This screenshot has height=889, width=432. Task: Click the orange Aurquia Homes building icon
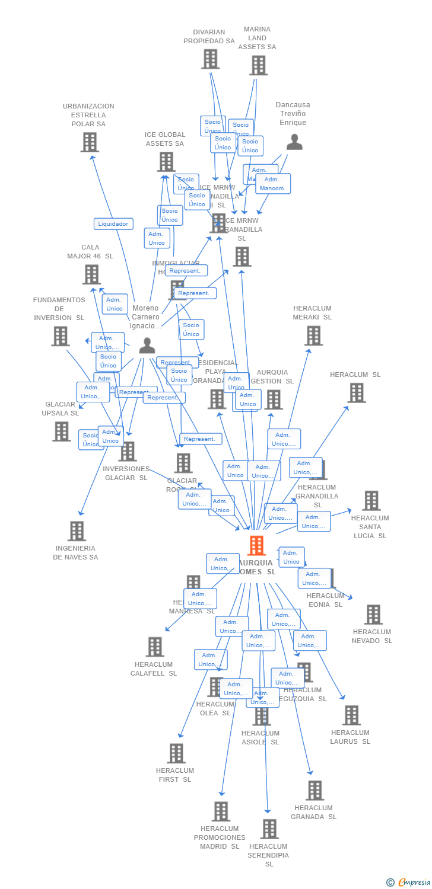coord(256,545)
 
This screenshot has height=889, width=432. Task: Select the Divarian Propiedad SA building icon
coord(211,59)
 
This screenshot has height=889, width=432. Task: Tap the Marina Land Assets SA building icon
coord(258,65)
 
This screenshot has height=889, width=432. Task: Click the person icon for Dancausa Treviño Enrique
coord(294,142)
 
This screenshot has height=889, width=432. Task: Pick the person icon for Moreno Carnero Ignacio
coord(147,346)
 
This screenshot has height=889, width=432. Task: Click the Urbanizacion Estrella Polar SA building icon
coord(90,142)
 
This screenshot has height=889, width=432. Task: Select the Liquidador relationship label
coord(113,224)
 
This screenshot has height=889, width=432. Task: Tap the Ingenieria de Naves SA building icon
coord(77,531)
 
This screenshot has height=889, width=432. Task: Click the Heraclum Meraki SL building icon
coord(313,335)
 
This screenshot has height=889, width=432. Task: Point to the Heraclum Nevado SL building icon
coord(373,615)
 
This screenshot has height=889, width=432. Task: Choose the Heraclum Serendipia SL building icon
coord(269,829)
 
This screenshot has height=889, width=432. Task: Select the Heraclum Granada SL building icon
coord(315,790)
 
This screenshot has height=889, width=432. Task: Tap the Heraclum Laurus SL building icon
coord(351,715)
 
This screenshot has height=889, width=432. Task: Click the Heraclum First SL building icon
coord(176,753)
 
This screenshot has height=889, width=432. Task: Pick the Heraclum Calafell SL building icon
coord(155,647)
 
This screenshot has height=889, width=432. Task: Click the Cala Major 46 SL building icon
coord(91,274)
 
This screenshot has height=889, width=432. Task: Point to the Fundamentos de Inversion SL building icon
coord(60,336)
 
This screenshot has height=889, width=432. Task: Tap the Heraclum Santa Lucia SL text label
coord(370,527)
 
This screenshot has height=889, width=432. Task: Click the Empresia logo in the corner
coord(409,882)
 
